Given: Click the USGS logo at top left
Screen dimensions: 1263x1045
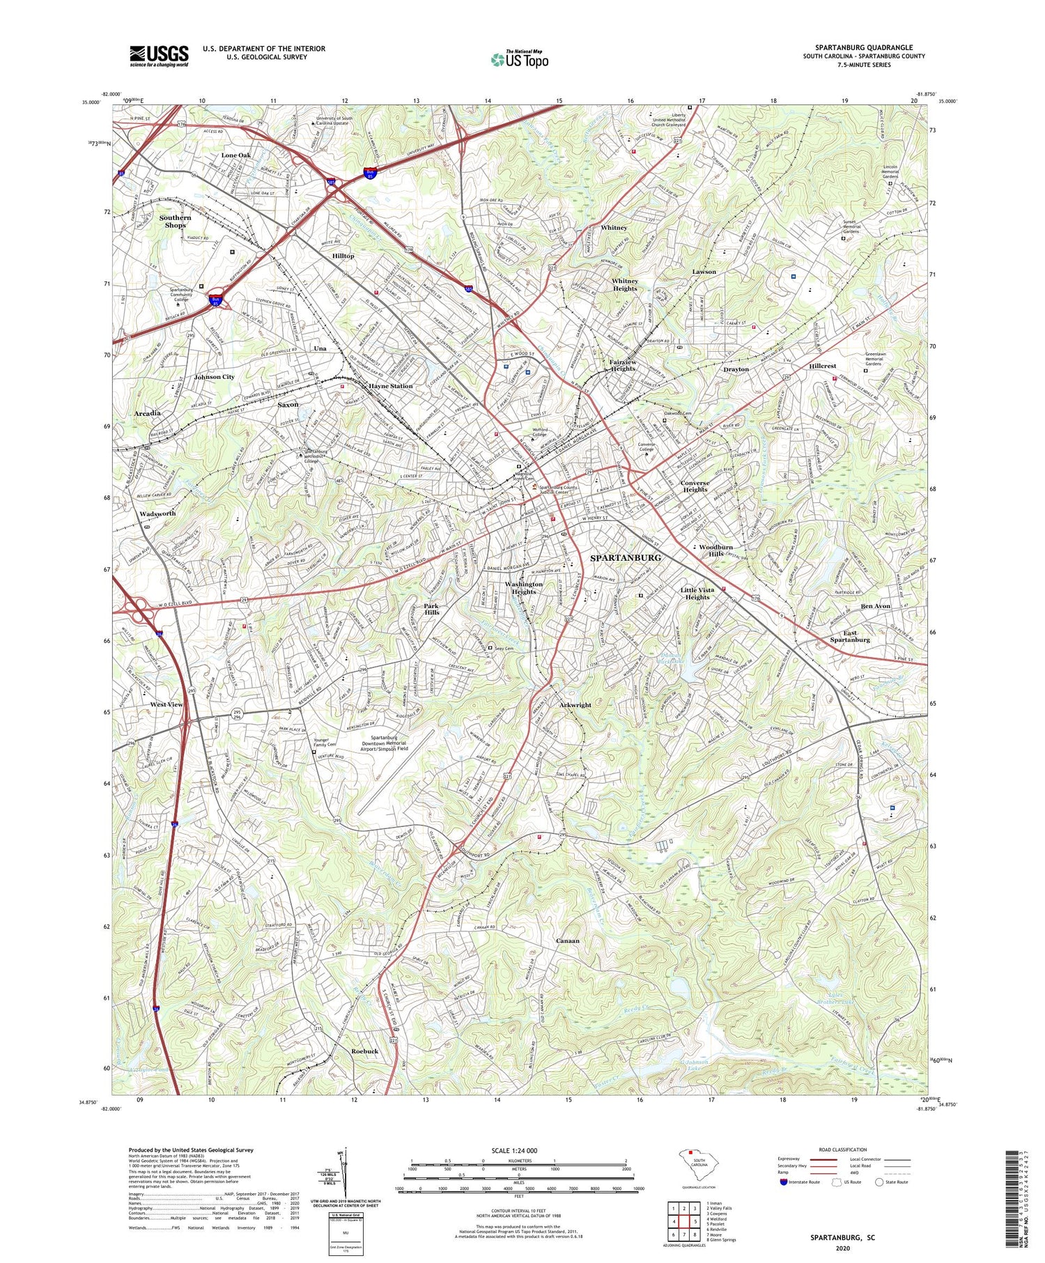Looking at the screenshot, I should (x=159, y=56).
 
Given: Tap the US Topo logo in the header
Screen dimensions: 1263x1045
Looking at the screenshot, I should (x=519, y=60).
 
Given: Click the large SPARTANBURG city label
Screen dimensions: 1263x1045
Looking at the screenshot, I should (x=626, y=558).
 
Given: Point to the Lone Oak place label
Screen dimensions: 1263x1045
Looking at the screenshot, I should (x=236, y=155).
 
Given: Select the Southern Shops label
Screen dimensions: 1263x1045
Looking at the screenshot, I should (x=175, y=222).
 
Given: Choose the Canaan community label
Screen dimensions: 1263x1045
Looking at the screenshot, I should (x=568, y=940).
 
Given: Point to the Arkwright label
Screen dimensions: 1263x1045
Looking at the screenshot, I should (x=575, y=705).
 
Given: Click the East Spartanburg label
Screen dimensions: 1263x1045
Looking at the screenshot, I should (x=850, y=636).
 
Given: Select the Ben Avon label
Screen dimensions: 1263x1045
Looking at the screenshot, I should (x=876, y=606).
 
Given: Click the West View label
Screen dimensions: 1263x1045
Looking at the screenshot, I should (x=167, y=704).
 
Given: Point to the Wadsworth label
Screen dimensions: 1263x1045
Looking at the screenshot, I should (x=157, y=513).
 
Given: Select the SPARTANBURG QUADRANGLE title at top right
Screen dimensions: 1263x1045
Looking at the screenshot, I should (x=864, y=47).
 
